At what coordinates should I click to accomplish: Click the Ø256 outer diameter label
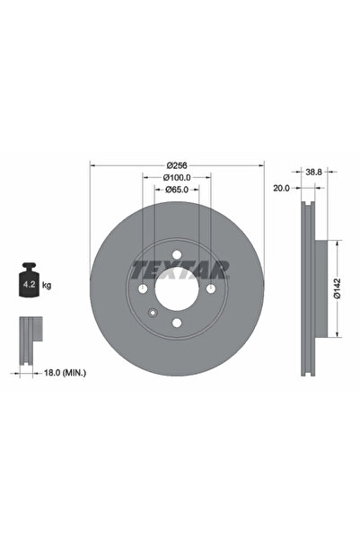[x=177, y=164]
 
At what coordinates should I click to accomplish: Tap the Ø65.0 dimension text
[x=177, y=190]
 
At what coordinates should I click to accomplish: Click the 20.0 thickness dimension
[x=281, y=189]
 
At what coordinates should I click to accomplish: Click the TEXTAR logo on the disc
[x=180, y=269]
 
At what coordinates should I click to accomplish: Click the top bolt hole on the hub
[x=177, y=254]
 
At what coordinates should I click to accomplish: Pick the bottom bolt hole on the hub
[x=177, y=323]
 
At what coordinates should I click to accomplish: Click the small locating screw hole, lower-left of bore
[x=154, y=313]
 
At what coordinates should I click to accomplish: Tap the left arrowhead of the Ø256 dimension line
[x=93, y=164]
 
